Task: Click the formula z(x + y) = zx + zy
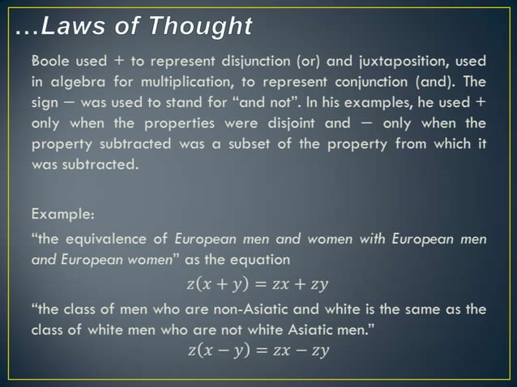[x=258, y=284]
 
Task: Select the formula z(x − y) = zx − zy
[x=258, y=351]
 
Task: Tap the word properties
[x=171, y=124]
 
